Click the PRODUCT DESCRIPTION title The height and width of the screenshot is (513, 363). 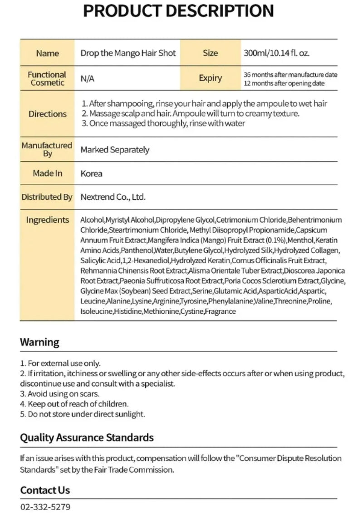click(178, 11)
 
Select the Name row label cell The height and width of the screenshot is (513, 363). click(47, 53)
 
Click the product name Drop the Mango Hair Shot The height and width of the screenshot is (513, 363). click(128, 53)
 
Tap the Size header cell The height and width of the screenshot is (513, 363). click(210, 53)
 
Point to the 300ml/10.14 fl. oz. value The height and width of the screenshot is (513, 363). click(276, 53)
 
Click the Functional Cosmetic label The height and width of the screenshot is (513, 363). click(47, 78)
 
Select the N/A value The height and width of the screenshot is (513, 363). click(87, 79)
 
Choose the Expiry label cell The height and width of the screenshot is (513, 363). click(210, 78)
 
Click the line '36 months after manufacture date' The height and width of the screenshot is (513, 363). click(290, 75)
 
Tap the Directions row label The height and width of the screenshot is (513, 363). click(47, 114)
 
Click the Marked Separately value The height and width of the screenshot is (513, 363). click(115, 149)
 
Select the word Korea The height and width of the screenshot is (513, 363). click(91, 173)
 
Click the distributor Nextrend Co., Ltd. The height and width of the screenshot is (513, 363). click(113, 197)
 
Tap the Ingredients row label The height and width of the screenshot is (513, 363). click(47, 220)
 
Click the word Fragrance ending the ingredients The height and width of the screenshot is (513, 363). click(221, 312)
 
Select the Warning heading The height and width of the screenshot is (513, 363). click(39, 342)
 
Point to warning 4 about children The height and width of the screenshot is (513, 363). click(74, 404)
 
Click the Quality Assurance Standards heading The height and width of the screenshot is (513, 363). click(87, 437)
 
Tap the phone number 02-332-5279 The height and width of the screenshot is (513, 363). click(45, 507)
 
